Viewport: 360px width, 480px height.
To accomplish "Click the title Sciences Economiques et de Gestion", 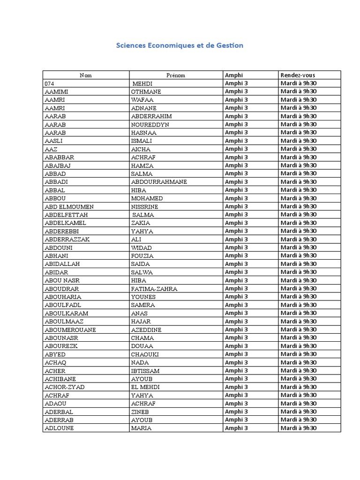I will (180, 45).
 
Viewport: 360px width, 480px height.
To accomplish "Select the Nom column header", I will (86, 75).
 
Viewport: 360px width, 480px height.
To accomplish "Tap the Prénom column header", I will (176, 75).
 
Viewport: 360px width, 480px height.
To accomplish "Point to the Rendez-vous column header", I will (298, 75).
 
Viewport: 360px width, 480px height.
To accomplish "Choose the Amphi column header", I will (234, 75).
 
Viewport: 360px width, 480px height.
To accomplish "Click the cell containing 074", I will (49, 83).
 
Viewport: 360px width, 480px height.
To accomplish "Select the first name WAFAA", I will (142, 100).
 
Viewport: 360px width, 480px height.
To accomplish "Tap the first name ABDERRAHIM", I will (152, 116).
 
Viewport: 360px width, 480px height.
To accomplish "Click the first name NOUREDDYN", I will (150, 124).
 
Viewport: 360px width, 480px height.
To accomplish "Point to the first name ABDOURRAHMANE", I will (159, 182).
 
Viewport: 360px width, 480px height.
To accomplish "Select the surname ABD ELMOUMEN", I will (69, 206).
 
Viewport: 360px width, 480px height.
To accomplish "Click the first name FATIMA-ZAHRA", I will (154, 288).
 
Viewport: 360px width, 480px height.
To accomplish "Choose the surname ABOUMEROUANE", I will (70, 330).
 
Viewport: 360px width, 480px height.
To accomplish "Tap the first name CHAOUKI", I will (145, 354).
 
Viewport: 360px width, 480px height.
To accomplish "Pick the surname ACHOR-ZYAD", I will (65, 387).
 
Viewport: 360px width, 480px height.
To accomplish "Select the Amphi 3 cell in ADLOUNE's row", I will (234, 428).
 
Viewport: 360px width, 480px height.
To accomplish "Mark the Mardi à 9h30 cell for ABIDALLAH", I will (299, 264).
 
